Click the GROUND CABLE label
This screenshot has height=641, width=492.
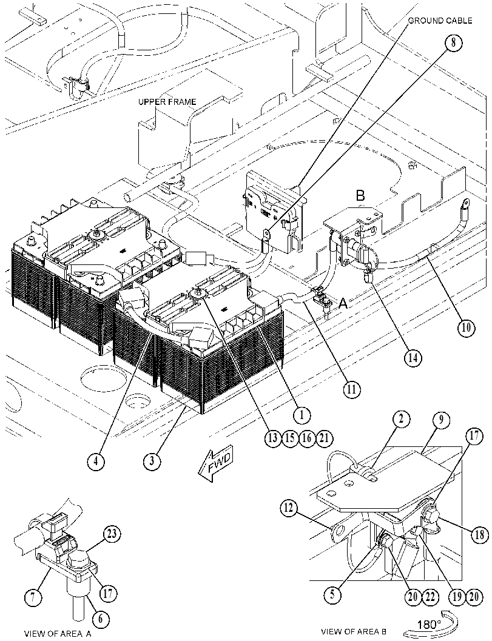pos(440,21)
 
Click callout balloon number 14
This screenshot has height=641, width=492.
pos(413,357)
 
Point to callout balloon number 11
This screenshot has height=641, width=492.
pos(351,389)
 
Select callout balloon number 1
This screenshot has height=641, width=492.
pos(302,415)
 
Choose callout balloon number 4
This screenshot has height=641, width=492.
pos(95,461)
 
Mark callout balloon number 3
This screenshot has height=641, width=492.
pos(152,461)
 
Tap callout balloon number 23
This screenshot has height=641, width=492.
pos(112,534)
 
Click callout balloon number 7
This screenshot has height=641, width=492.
pos(33,597)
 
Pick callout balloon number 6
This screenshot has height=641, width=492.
pos(101,619)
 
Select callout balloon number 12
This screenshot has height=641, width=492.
pos(289,509)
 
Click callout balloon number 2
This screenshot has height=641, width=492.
pos(402,418)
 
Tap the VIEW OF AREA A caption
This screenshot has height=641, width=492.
pos(58,634)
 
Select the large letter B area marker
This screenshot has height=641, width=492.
pos(360,195)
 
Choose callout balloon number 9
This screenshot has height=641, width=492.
pos(440,420)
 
